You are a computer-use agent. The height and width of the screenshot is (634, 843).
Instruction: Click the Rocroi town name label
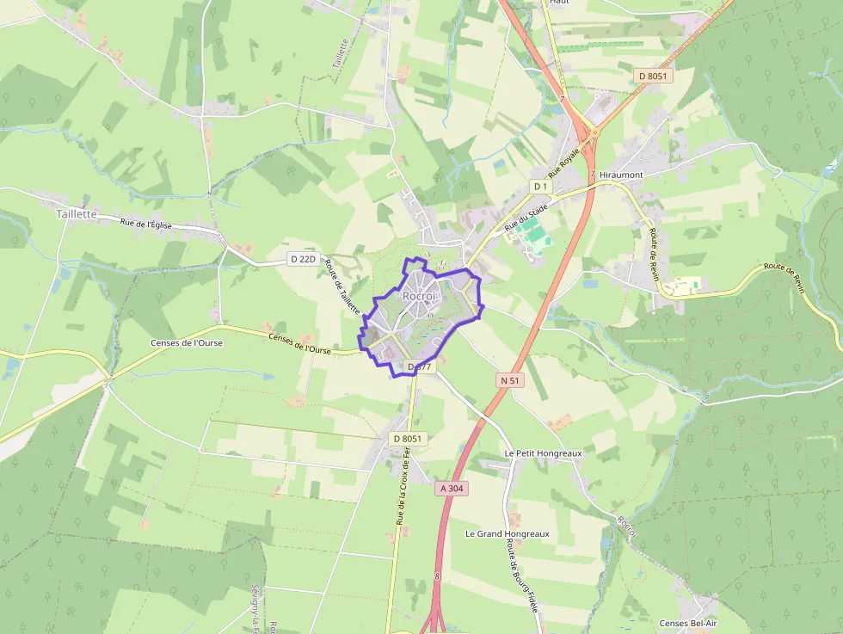[419, 296]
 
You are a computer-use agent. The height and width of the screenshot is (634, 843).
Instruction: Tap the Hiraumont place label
[621, 174]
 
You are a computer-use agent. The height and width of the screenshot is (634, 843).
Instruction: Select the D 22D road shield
[303, 259]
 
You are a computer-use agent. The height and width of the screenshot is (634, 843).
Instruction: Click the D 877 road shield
[421, 366]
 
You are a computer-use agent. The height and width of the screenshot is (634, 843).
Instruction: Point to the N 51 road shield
[510, 379]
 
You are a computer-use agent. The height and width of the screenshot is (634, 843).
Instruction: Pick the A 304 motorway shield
[452, 488]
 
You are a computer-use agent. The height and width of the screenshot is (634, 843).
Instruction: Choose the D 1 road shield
[540, 186]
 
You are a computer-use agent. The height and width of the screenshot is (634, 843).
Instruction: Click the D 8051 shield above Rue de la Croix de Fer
[409, 439]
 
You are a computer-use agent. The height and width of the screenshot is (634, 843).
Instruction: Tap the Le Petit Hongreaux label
[543, 452]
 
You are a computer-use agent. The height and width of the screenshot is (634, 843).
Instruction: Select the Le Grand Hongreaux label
[507, 533]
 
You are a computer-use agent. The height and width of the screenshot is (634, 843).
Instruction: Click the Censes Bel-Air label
[687, 623]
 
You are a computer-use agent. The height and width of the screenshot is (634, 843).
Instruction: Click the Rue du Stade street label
[526, 215]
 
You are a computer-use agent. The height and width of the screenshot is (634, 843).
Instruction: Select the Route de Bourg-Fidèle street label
[523, 581]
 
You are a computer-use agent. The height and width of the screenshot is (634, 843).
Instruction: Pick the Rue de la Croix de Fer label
[403, 491]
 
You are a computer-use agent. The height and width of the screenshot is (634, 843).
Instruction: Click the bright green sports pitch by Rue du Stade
[533, 233]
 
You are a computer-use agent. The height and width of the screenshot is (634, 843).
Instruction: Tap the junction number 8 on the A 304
[437, 576]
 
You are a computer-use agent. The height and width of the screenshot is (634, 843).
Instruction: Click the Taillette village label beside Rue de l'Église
[77, 213]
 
